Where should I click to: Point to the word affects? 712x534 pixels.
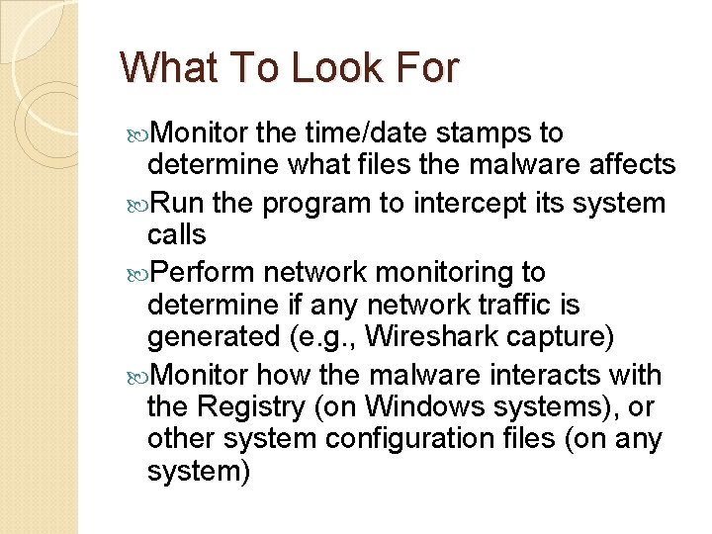point(627,164)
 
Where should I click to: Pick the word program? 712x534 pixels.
point(315,205)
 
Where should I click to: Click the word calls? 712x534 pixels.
point(176,234)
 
